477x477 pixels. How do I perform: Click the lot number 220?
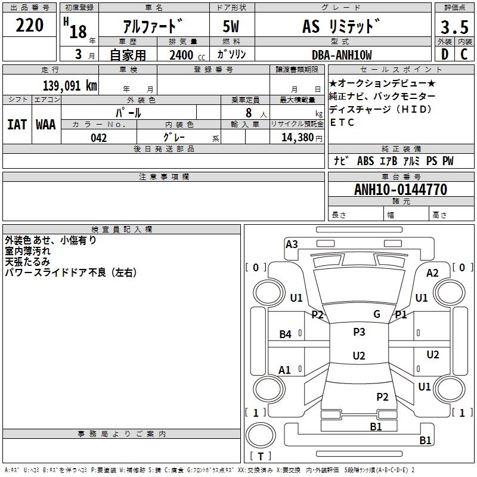pyautogui.click(x=30, y=26)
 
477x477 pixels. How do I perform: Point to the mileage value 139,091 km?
pyautogui.click(x=70, y=85)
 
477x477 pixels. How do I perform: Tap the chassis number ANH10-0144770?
pyautogui.click(x=401, y=190)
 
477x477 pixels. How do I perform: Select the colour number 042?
pyautogui.click(x=99, y=138)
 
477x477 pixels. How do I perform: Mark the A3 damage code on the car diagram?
pyautogui.click(x=292, y=244)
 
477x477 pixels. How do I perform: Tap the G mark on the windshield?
pyautogui.click(x=377, y=314)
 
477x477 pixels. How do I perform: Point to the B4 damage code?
pyautogui.click(x=286, y=334)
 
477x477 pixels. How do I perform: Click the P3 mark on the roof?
pyautogui.click(x=359, y=332)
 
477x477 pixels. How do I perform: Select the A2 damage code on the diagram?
pyautogui.click(x=433, y=273)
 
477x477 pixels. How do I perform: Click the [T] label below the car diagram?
pyautogui.click(x=260, y=456)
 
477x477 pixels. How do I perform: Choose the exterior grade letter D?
pyautogui.click(x=444, y=55)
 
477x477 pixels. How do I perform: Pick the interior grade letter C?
pyautogui.click(x=464, y=55)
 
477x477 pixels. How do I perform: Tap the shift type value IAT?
pyautogui.click(x=17, y=125)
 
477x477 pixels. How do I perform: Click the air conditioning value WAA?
pyautogui.click(x=46, y=125)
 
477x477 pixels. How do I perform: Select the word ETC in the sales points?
pyautogui.click(x=342, y=123)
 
